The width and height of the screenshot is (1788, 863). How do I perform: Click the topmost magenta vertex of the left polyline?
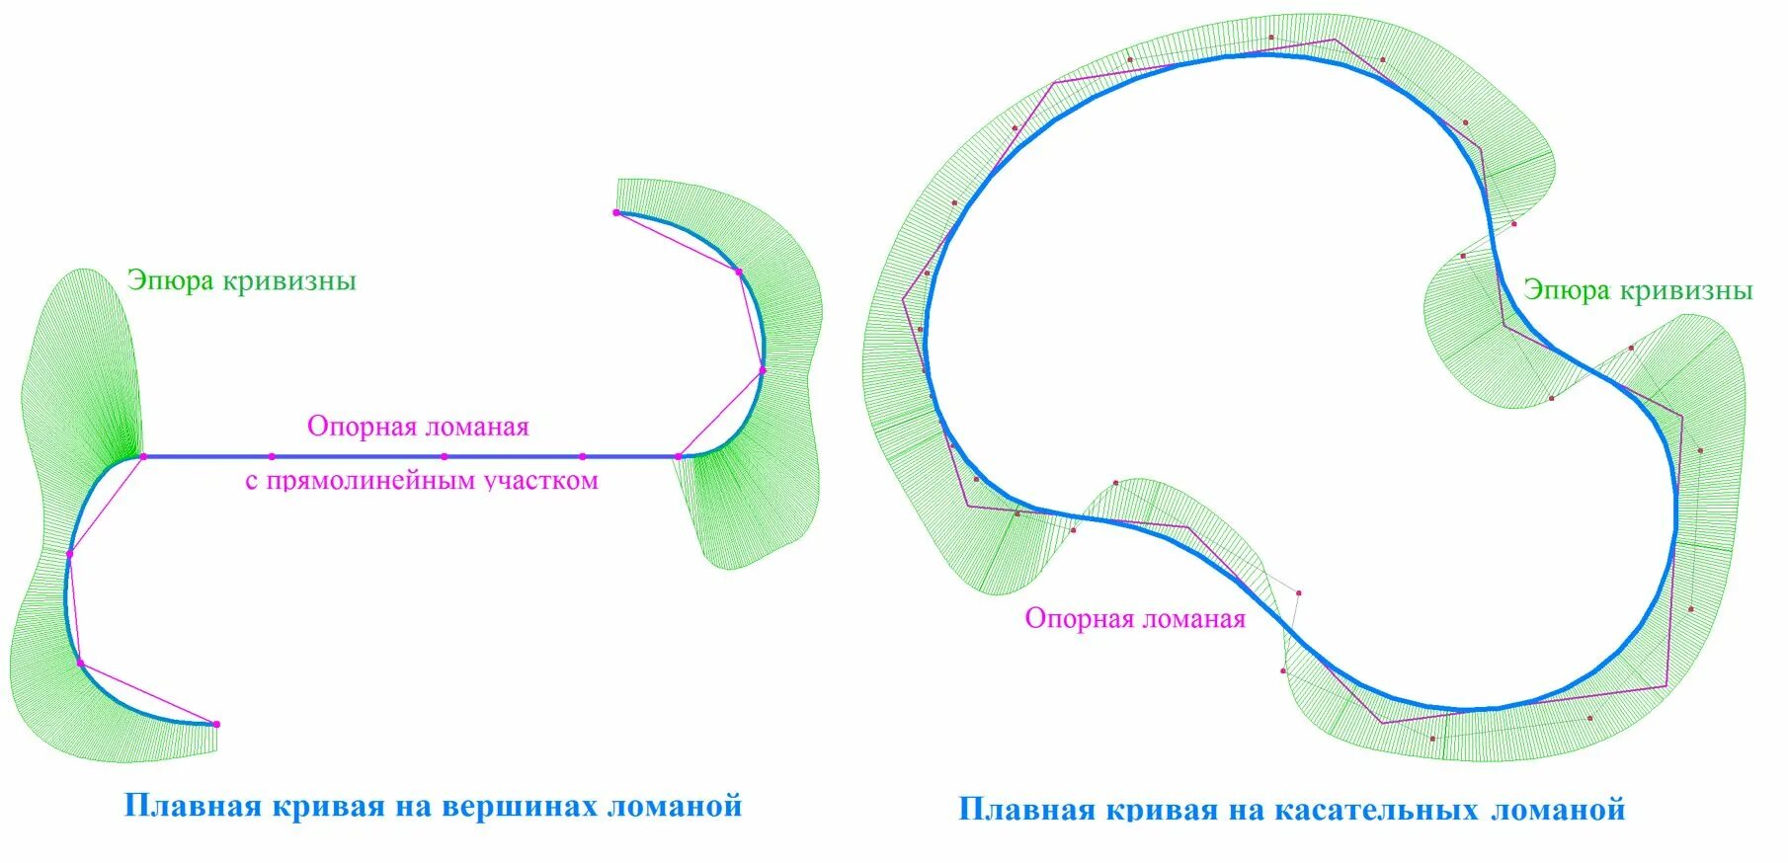tap(616, 212)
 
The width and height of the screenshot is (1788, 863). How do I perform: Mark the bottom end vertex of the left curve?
tap(216, 724)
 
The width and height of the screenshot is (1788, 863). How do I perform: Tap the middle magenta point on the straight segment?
tap(445, 456)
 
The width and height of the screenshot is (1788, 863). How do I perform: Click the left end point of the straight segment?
tap(143, 456)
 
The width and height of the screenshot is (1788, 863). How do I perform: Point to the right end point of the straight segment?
tap(678, 456)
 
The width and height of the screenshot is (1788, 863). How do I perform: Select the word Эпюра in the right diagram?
tap(1566, 290)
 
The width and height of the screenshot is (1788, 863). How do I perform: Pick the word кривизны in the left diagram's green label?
tap(288, 281)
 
